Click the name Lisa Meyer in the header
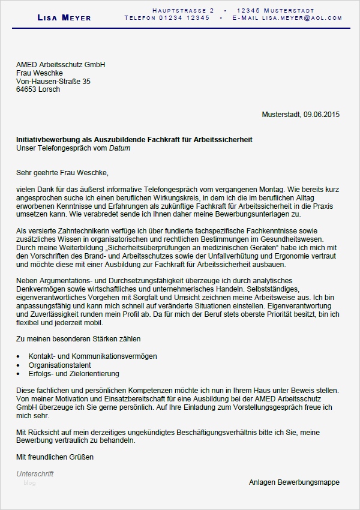[x=64, y=18]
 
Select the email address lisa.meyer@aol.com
[x=305, y=19]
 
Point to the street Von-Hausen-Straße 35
[x=53, y=81]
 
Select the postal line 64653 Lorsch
[x=38, y=89]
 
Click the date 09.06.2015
[x=322, y=115]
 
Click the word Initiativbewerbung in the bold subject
[x=49, y=140]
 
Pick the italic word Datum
[x=119, y=148]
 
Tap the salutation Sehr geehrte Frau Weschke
[x=62, y=173]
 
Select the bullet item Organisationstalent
[x=60, y=365]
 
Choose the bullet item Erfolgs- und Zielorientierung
[x=74, y=373]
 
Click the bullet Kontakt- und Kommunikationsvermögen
[x=88, y=356]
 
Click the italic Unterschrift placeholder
[x=35, y=474]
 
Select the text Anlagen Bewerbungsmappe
[x=294, y=482]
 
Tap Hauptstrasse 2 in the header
[x=183, y=11]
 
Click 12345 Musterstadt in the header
[x=275, y=11]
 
